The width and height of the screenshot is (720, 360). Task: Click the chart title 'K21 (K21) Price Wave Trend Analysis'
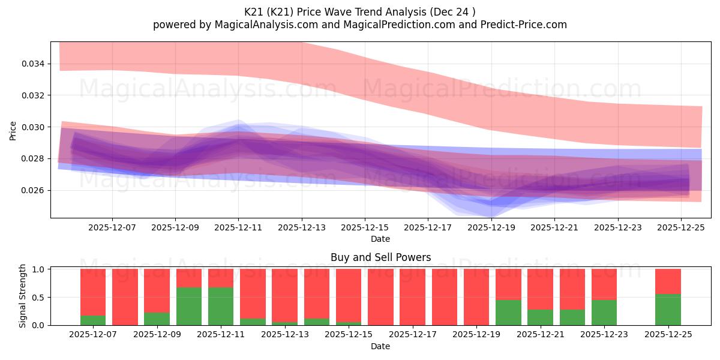tap(359, 11)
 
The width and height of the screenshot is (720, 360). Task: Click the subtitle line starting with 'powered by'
tap(359, 25)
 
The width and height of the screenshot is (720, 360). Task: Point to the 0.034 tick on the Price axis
tap(35, 64)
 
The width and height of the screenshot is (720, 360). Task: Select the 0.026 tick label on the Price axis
tap(35, 190)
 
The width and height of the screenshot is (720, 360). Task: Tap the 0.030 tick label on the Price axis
tap(35, 127)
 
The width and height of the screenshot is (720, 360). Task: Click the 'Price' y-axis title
tap(13, 130)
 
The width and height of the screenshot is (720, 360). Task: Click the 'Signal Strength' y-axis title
tap(23, 296)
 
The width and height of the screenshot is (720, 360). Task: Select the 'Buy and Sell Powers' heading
tap(380, 257)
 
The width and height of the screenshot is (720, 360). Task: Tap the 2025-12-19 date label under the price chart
tap(491, 227)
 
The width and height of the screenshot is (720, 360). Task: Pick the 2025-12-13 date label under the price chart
tap(302, 227)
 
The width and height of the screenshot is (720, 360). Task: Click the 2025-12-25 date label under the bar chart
tap(668, 335)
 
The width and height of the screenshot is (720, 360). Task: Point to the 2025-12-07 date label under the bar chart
tap(93, 335)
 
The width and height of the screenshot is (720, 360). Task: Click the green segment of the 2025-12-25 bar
tap(668, 310)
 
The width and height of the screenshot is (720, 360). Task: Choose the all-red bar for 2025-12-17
tap(412, 297)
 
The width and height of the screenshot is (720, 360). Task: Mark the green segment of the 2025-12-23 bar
tap(604, 313)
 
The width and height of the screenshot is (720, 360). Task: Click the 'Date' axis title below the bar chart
tap(380, 346)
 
